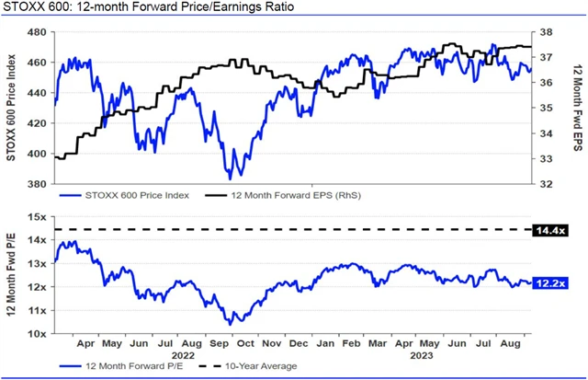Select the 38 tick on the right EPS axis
543,32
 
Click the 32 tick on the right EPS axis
543,184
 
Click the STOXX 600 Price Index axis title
12,109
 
